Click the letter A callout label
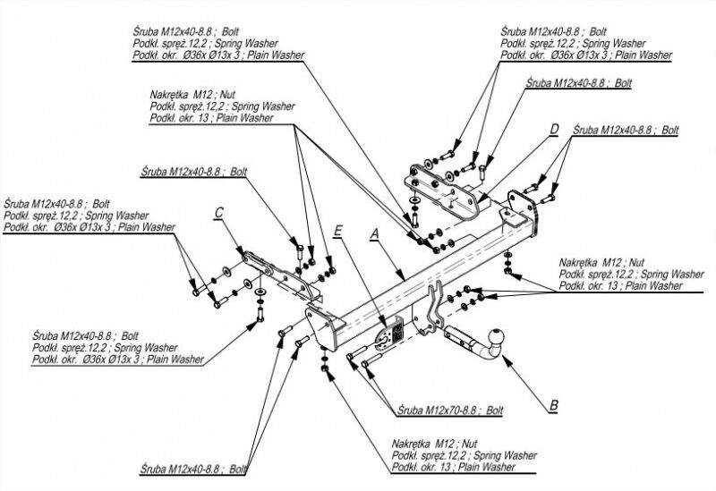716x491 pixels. pyautogui.click(x=374, y=233)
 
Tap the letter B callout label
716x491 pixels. pyautogui.click(x=553, y=405)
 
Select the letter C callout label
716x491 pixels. pyautogui.click(x=218, y=213)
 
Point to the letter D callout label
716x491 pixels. pyautogui.click(x=554, y=129)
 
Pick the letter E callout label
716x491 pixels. pyautogui.click(x=337, y=231)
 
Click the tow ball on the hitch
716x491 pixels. pyautogui.click(x=497, y=337)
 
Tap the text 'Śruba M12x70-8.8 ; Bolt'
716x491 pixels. pyautogui.click(x=450, y=411)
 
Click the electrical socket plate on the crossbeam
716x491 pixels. pyautogui.click(x=389, y=332)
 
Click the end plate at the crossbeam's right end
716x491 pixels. pyautogui.click(x=522, y=212)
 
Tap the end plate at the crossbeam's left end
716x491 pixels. pyautogui.click(x=324, y=327)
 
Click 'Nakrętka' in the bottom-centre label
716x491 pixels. pyautogui.click(x=411, y=444)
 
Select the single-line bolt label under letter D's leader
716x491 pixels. pyautogui.click(x=579, y=83)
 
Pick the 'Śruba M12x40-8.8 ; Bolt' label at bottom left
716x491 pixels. pyautogui.click(x=193, y=470)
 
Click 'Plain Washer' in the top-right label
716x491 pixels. pyautogui.click(x=644, y=55)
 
